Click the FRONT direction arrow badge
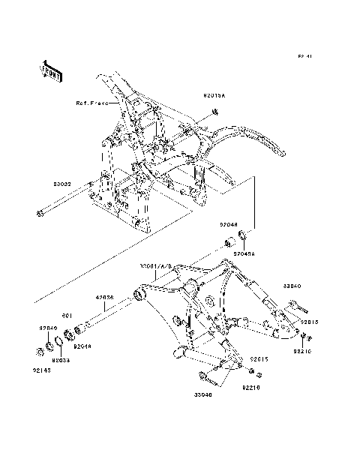click(51, 70)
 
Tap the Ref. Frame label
click(91, 103)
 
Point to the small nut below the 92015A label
click(214, 112)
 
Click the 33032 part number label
click(61, 183)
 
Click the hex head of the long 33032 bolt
click(38, 217)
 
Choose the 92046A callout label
click(244, 254)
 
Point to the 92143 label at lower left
click(42, 369)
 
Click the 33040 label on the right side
click(292, 286)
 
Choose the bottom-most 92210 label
click(250, 388)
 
